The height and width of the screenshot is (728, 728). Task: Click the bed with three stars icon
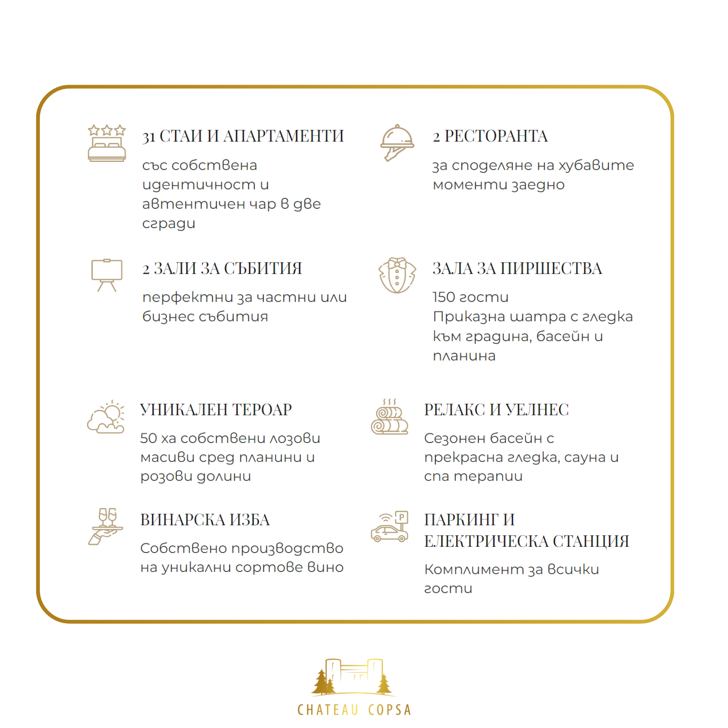[x=107, y=143]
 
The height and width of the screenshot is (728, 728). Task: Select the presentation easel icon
[x=107, y=275]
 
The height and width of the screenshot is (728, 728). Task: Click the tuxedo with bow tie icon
[x=397, y=275]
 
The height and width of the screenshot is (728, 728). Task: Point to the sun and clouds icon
[x=106, y=417]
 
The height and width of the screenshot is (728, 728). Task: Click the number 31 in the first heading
[x=149, y=137]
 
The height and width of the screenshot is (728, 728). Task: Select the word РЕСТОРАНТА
[x=496, y=136]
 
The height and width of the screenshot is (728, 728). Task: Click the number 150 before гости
[x=444, y=297]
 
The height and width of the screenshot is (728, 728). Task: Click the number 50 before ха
[x=148, y=438]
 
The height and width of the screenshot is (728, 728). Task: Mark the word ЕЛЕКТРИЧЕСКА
[x=487, y=541]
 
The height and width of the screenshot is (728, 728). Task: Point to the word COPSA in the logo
[x=389, y=710]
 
